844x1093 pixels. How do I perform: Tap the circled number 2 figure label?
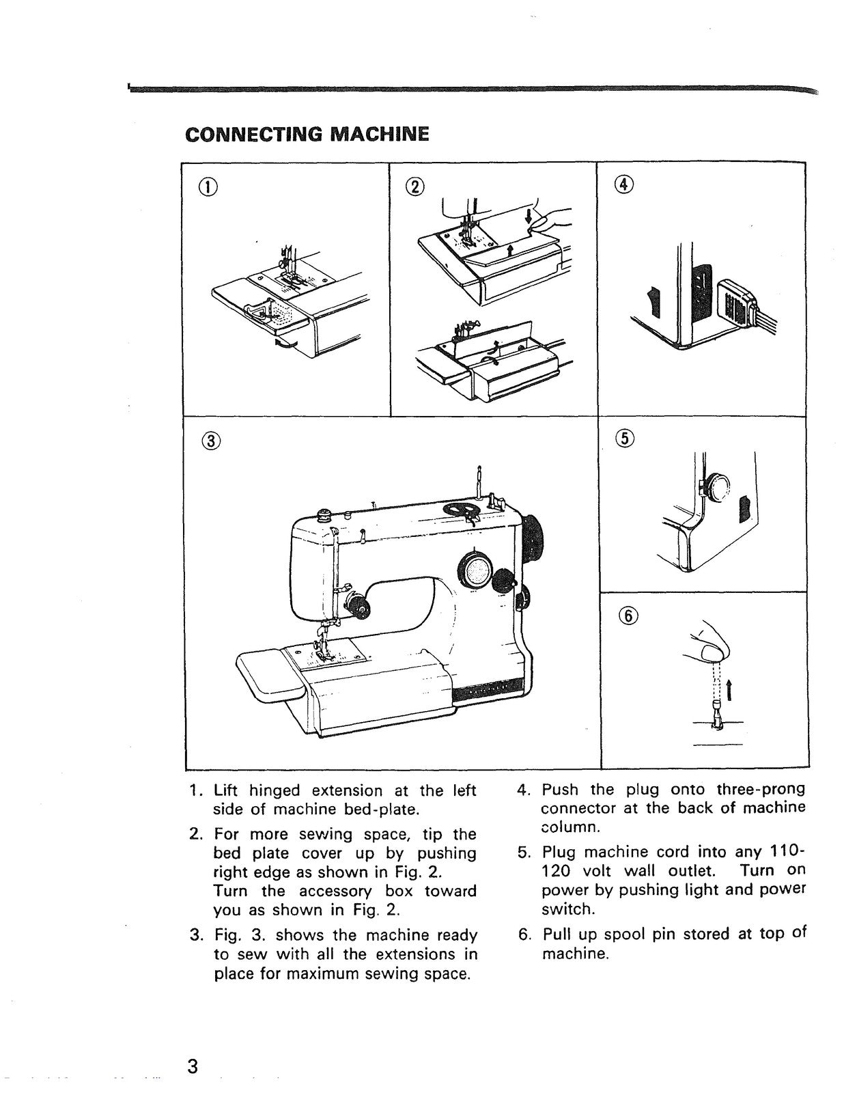click(x=414, y=186)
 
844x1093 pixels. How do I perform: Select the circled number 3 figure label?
click(x=212, y=441)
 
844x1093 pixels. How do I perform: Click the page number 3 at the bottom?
click(x=193, y=1066)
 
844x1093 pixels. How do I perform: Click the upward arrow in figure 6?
click(x=730, y=689)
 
